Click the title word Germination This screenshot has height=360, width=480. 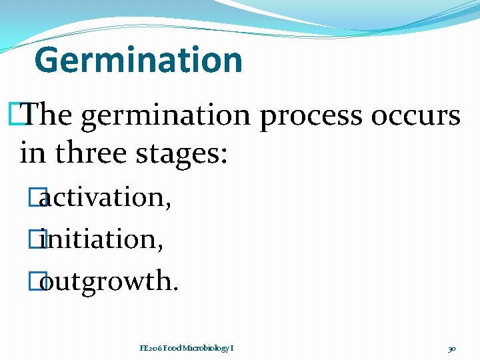tap(138, 60)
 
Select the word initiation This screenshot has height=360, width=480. tap(102, 239)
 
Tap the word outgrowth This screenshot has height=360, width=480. tap(110, 282)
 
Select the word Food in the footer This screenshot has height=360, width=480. tap(172, 348)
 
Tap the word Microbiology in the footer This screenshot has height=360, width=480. tap(205, 348)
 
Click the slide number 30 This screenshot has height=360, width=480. tap(452, 348)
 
